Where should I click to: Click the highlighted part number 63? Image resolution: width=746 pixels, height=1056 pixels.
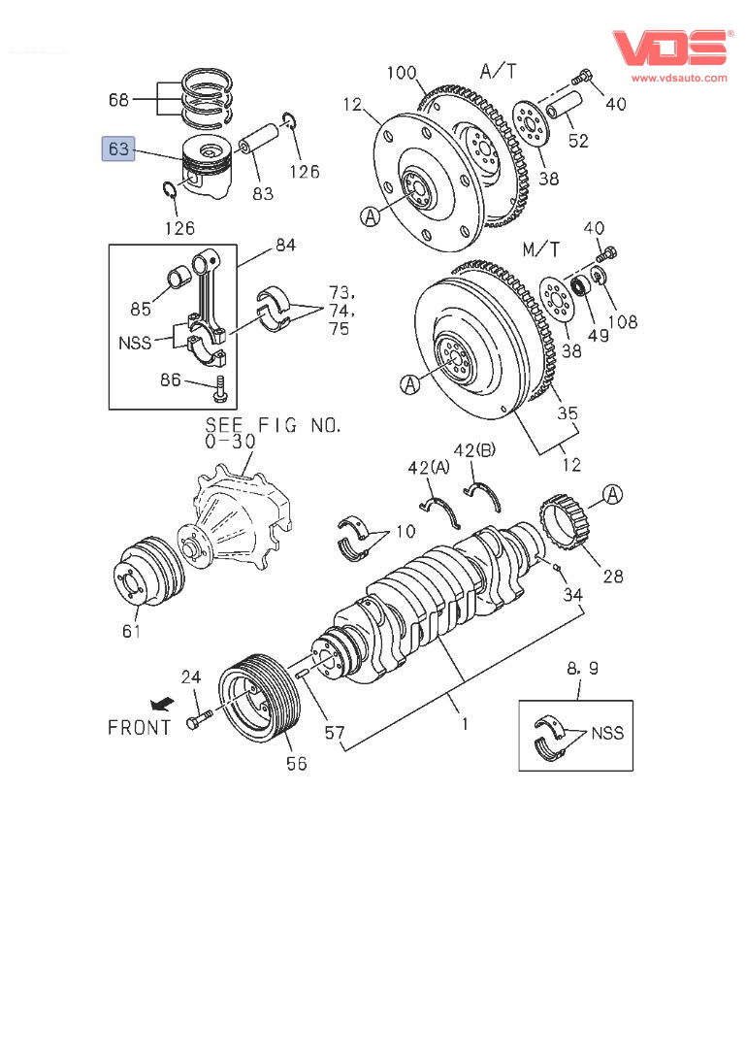coord(118,148)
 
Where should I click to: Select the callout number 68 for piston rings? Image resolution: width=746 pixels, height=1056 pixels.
coord(118,100)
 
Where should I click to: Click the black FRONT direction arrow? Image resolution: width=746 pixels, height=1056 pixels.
coord(162,705)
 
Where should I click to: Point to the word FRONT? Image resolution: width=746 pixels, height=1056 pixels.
coord(140,728)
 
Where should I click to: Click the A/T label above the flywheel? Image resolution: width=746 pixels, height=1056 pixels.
coord(499,71)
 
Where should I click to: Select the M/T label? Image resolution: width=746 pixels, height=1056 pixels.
coord(540,249)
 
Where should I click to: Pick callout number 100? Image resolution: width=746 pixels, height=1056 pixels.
coord(402,73)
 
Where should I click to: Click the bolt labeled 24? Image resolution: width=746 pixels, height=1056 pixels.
coord(199,719)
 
